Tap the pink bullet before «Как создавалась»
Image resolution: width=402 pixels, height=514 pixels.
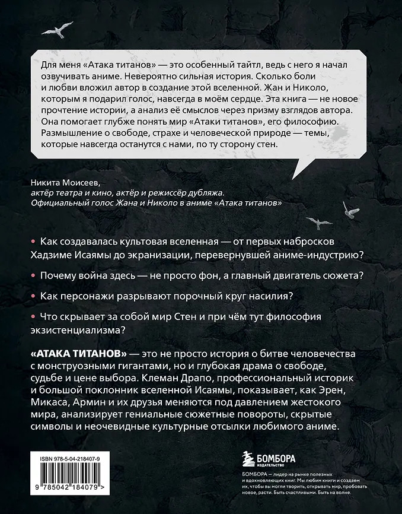click(x=31, y=242)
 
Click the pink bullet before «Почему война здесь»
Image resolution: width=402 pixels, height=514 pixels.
click(x=31, y=276)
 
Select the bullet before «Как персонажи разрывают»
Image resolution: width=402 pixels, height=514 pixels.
click(x=31, y=296)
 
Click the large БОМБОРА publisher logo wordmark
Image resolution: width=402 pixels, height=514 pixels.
click(x=277, y=455)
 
